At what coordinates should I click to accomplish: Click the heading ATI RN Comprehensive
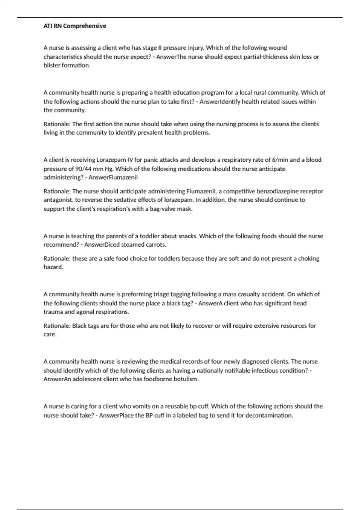click(x=75, y=26)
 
